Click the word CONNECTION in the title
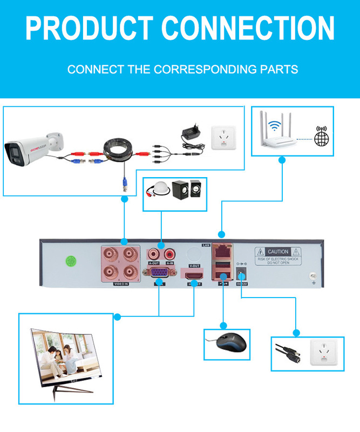248,28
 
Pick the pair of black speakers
186,191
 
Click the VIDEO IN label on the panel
121,283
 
